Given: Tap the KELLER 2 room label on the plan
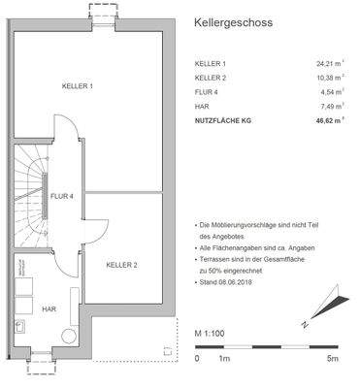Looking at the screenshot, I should coord(121,264).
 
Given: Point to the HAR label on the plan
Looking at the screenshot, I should coord(49,308).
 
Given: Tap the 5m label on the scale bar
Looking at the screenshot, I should coord(332,358).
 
